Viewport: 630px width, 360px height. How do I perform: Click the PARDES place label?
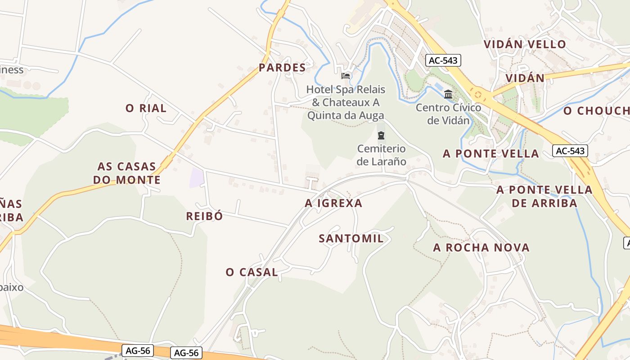(x=282, y=68)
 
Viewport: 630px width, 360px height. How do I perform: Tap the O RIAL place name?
(x=146, y=108)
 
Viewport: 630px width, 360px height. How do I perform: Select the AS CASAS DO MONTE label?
(x=127, y=173)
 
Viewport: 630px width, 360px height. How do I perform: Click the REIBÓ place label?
(x=204, y=216)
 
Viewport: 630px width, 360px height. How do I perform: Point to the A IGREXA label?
(x=333, y=203)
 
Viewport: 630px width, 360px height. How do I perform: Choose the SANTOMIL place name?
(x=351, y=238)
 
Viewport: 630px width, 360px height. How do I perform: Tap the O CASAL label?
(x=252, y=272)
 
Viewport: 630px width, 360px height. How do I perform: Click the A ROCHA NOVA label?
(x=481, y=247)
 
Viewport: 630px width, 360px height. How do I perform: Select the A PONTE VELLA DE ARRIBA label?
(x=544, y=196)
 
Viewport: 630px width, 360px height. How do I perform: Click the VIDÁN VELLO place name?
(x=525, y=44)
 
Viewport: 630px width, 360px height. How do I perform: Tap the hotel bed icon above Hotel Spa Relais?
(x=346, y=76)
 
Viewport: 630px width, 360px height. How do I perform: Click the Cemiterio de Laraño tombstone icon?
(x=381, y=135)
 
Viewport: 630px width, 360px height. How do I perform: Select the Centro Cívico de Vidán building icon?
(x=448, y=94)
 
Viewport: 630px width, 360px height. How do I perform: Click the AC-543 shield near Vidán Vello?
(x=443, y=60)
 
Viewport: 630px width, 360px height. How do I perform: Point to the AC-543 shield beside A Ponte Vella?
(x=570, y=151)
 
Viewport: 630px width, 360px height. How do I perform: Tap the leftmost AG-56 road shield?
(x=138, y=350)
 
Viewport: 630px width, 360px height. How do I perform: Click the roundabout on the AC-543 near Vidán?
(x=477, y=94)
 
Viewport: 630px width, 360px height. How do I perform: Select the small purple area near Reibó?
(x=196, y=178)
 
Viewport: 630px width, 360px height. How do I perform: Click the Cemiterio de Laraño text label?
(x=382, y=155)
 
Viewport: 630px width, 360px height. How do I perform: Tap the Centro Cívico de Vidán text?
(x=448, y=114)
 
